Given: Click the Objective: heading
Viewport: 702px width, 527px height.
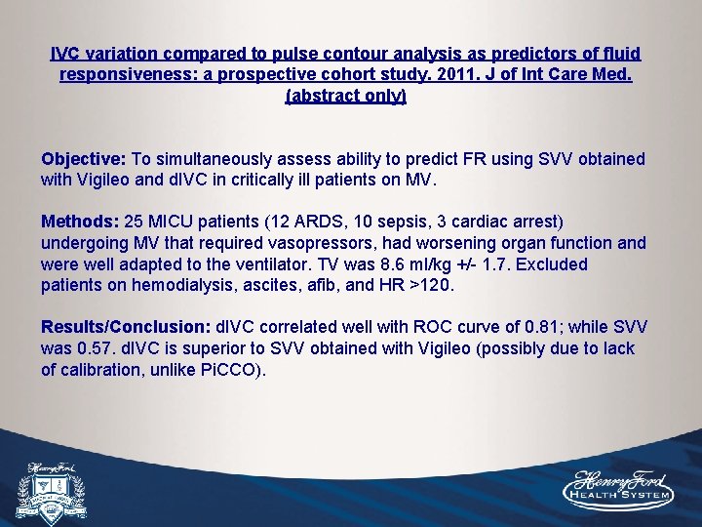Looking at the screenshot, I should tap(84, 159).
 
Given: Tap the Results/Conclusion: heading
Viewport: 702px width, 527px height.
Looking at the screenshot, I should tap(126, 327).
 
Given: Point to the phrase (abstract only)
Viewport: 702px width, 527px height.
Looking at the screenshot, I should tap(345, 96).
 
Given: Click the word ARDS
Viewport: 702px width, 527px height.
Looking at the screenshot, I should tap(266, 222).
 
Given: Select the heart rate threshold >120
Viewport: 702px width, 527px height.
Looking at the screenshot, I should tap(434, 286).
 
